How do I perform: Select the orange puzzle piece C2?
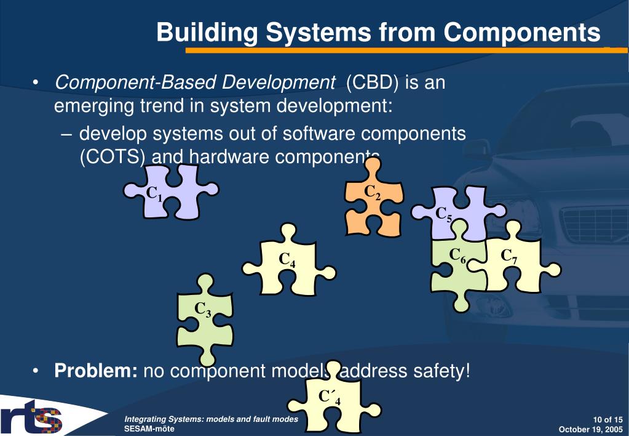[x=373, y=203]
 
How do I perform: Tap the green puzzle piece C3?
[x=205, y=317]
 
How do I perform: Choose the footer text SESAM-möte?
[x=145, y=428]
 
